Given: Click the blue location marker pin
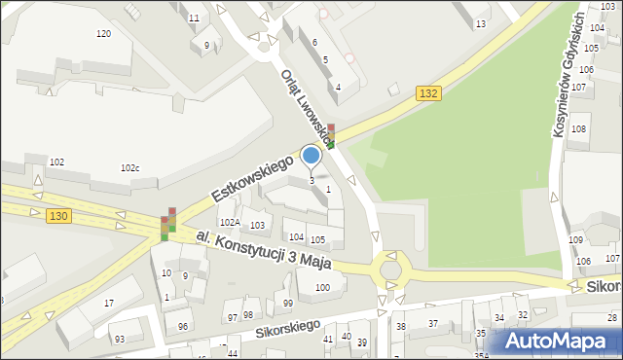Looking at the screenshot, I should coord(311,156).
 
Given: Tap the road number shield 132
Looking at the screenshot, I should coord(429,92).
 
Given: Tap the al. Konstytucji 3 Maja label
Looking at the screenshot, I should coord(264,251).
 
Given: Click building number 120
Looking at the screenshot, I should coord(103,34).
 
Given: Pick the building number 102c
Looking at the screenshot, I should coord(129,168).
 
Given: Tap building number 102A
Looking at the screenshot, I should coord(229,222).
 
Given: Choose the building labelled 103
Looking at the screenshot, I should coord(257,226).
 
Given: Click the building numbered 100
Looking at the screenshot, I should coord(322,287).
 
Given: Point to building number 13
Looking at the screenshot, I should coord(480,23).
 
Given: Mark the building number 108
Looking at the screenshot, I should coord(579,129).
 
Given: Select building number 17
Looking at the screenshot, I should coord(109,304).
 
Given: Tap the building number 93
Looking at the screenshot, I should coord(119,339).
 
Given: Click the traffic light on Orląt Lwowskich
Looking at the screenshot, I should coord(331,135).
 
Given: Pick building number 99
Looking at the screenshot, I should coord(288,304).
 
